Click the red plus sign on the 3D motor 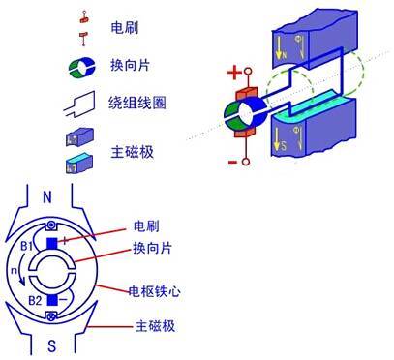coord(232,73)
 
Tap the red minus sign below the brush coord(232,162)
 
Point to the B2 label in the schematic coord(36,301)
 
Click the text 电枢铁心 coord(152,289)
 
